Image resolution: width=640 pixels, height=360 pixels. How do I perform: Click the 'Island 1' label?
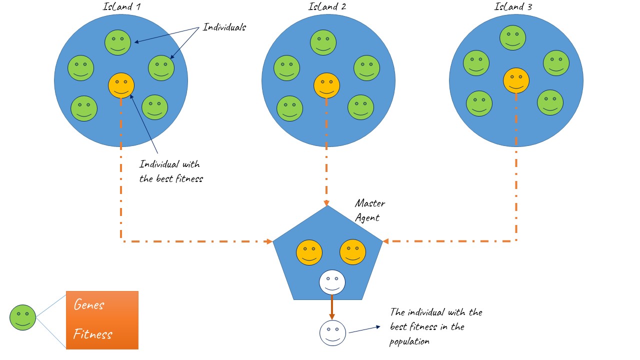pyautogui.click(x=121, y=6)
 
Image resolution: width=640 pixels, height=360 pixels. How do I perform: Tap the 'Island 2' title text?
pyautogui.click(x=327, y=6)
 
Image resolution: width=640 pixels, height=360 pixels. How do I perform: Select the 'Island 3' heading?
pyautogui.click(x=513, y=6)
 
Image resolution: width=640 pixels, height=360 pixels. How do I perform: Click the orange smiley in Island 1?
pyautogui.click(x=121, y=85)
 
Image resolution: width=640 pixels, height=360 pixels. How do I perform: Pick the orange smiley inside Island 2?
pyautogui.click(x=326, y=85)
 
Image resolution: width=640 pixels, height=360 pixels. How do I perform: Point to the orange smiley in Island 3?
pyautogui.click(x=516, y=80)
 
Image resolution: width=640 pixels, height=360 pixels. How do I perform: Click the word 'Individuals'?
pyautogui.click(x=224, y=27)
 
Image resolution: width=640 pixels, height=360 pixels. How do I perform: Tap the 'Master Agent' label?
pyautogui.click(x=369, y=210)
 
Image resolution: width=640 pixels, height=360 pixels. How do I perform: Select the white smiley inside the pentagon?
pyautogui.click(x=332, y=282)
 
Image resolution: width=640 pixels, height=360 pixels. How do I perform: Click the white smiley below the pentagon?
pyautogui.click(x=332, y=333)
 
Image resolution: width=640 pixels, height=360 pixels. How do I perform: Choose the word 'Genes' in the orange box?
pyautogui.click(x=89, y=304)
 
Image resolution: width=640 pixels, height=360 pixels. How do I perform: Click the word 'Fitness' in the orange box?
pyautogui.click(x=93, y=334)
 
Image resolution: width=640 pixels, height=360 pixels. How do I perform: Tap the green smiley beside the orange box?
pyautogui.click(x=23, y=317)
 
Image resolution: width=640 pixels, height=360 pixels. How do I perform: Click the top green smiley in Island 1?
pyautogui.click(x=117, y=42)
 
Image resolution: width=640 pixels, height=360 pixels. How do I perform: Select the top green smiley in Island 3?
pyautogui.click(x=512, y=37)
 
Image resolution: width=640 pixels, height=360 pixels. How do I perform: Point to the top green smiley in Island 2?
pyautogui.click(x=323, y=42)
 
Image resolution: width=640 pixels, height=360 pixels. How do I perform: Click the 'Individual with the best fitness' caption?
pyautogui.click(x=171, y=171)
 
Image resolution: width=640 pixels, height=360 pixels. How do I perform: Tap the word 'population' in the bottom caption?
pyautogui.click(x=409, y=341)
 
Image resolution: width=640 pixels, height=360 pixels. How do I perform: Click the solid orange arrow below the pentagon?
pyautogui.click(x=331, y=307)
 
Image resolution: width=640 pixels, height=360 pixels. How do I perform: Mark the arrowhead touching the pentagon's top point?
pyautogui.click(x=326, y=203)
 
